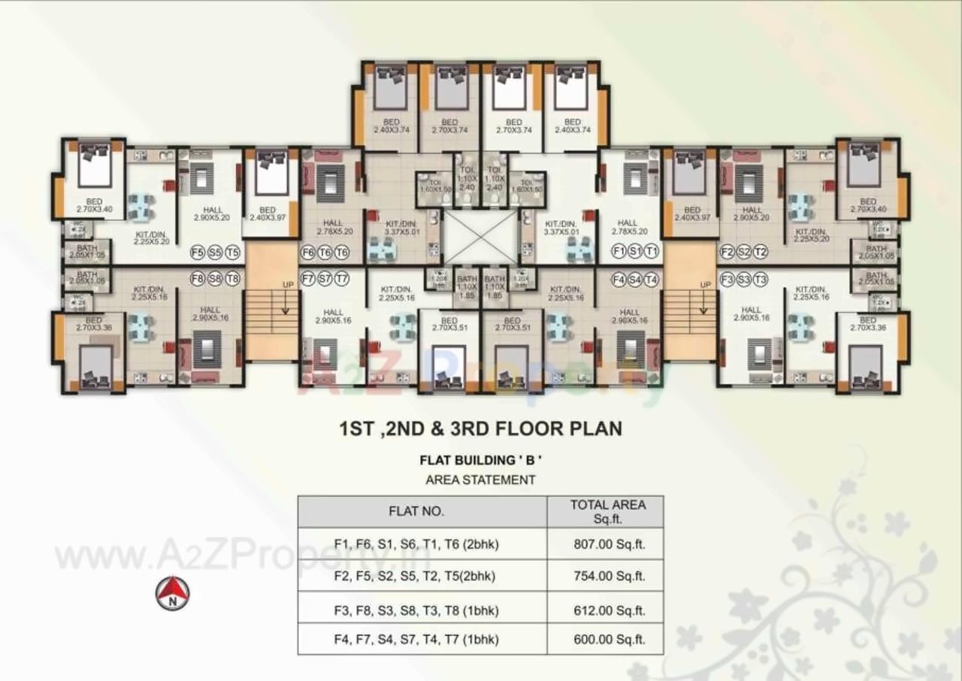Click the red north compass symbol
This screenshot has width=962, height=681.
(172, 593)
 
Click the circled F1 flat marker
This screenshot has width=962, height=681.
(619, 251)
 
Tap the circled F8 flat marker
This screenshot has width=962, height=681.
(198, 279)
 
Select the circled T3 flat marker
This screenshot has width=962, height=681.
(761, 279)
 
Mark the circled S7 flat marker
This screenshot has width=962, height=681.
(324, 279)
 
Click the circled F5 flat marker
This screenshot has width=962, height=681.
(198, 252)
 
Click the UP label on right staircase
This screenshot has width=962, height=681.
(704, 285)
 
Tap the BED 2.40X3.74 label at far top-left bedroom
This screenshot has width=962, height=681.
(391, 126)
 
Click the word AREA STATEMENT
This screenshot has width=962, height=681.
(480, 480)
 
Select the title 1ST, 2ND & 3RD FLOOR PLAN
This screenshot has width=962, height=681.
(480, 429)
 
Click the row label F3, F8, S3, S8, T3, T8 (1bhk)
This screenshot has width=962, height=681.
(416, 610)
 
